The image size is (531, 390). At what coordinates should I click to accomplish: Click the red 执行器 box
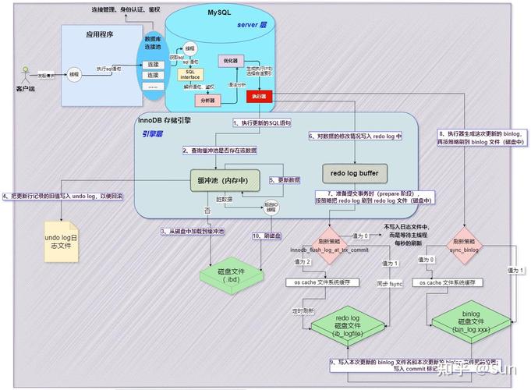point(258,96)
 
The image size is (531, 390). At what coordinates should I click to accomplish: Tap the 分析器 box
point(208,101)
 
